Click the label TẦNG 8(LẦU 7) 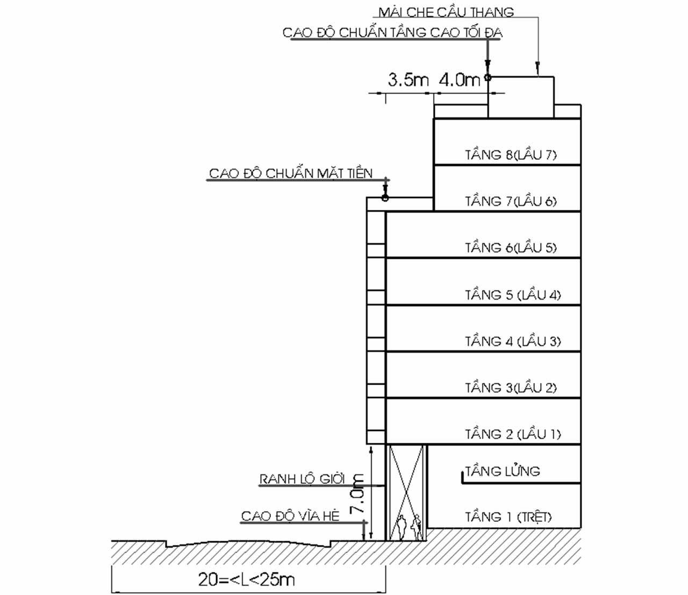(511, 155)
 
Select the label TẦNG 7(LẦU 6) (511, 201)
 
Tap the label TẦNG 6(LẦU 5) (511, 247)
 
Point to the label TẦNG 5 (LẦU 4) (513, 295)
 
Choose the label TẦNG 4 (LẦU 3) (513, 341)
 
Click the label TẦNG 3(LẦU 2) (511, 387)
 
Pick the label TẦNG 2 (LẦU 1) (513, 434)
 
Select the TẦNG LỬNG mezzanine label (502, 471)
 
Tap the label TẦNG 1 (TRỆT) (508, 517)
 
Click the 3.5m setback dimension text (408, 80)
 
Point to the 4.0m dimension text (460, 80)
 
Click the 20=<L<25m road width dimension (247, 579)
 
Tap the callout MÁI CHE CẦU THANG (446, 12)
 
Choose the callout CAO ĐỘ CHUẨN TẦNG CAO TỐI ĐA (392, 33)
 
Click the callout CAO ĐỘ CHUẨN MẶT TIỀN (290, 173)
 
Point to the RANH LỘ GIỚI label (302, 479)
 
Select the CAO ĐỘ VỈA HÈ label (290, 516)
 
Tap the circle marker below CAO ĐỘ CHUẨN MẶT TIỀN (385, 198)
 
